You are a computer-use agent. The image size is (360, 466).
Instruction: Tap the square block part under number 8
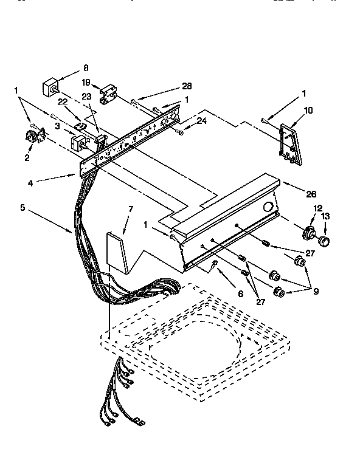pyautogui.click(x=50, y=87)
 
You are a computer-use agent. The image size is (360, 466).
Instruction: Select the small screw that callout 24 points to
pyautogui.click(x=181, y=132)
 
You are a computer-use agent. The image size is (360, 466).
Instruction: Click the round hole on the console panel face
pyautogui.click(x=268, y=207)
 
